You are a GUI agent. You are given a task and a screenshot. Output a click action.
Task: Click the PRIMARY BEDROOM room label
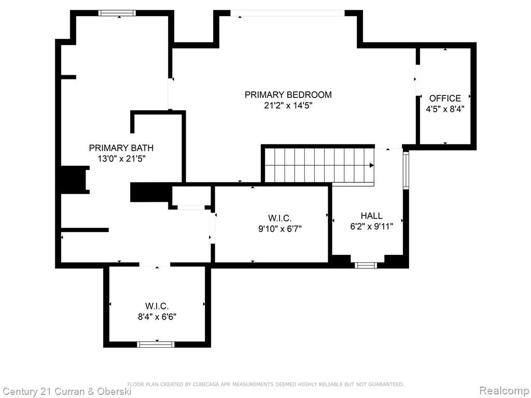click(x=288, y=95)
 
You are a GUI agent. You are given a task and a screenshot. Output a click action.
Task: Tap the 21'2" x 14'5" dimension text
click(x=288, y=106)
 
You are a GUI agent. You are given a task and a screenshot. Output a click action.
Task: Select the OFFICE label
click(x=445, y=98)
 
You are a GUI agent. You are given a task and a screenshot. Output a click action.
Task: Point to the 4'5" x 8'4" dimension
click(x=445, y=109)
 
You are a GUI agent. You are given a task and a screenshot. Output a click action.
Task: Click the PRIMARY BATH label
click(x=121, y=148)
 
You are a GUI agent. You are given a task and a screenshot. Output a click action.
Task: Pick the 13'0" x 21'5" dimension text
click(x=121, y=159)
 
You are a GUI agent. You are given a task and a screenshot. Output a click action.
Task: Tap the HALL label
click(x=371, y=216)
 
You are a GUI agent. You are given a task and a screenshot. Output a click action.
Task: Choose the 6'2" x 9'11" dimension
click(x=371, y=226)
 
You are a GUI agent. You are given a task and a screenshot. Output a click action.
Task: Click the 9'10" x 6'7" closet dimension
click(x=280, y=229)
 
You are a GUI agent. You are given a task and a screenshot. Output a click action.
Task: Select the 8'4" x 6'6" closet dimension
click(x=157, y=317)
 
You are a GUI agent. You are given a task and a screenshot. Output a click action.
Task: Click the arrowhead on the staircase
click(x=371, y=165)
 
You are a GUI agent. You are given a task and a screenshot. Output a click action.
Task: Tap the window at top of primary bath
click(x=117, y=13)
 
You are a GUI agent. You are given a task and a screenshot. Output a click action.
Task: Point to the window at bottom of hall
click(x=366, y=265)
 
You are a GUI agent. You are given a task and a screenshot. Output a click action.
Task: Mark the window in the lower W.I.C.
click(x=156, y=345)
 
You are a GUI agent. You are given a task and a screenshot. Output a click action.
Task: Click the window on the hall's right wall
click(x=406, y=170)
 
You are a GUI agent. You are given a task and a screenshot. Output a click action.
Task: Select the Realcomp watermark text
click(x=505, y=391)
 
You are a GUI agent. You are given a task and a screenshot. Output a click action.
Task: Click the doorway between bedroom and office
click(x=418, y=80)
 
